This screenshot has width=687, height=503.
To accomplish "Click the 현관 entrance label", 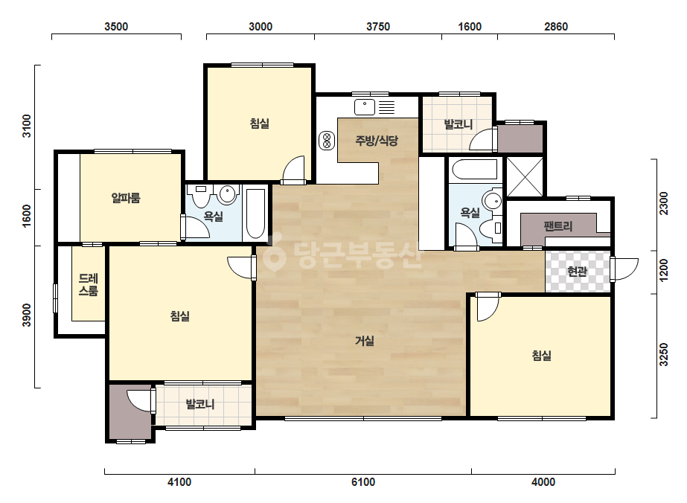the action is pyautogui.click(x=577, y=272).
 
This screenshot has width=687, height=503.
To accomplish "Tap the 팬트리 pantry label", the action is pyautogui.click(x=558, y=226).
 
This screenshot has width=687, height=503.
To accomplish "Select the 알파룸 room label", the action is pyautogui.click(x=126, y=198).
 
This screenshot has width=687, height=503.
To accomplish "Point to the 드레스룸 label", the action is pyautogui.click(x=88, y=284).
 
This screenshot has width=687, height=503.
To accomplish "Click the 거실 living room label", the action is pyautogui.click(x=365, y=341).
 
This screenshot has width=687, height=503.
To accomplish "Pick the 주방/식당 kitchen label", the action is pyautogui.click(x=377, y=141).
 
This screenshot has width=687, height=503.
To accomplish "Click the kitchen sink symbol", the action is pyautogui.click(x=365, y=107).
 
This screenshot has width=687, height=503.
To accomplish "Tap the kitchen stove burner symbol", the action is pyautogui.click(x=327, y=141).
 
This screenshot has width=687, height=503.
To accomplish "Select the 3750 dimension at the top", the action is pyautogui.click(x=378, y=27).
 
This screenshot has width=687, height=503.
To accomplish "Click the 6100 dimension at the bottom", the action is pyautogui.click(x=363, y=482).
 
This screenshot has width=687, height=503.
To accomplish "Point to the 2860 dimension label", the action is pyautogui.click(x=556, y=27).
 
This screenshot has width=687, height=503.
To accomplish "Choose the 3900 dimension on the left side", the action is pyautogui.click(x=27, y=315).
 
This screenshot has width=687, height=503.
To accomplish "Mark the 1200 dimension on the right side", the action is pyautogui.click(x=664, y=270).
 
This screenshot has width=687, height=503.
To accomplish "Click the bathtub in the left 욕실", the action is pyautogui.click(x=255, y=214).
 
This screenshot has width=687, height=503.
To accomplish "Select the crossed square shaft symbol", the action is pyautogui.click(x=525, y=176).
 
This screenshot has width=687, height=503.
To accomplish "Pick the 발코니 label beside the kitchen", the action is pyautogui.click(x=458, y=124).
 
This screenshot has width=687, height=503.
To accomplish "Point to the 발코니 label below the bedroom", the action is pyautogui.click(x=199, y=403).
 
